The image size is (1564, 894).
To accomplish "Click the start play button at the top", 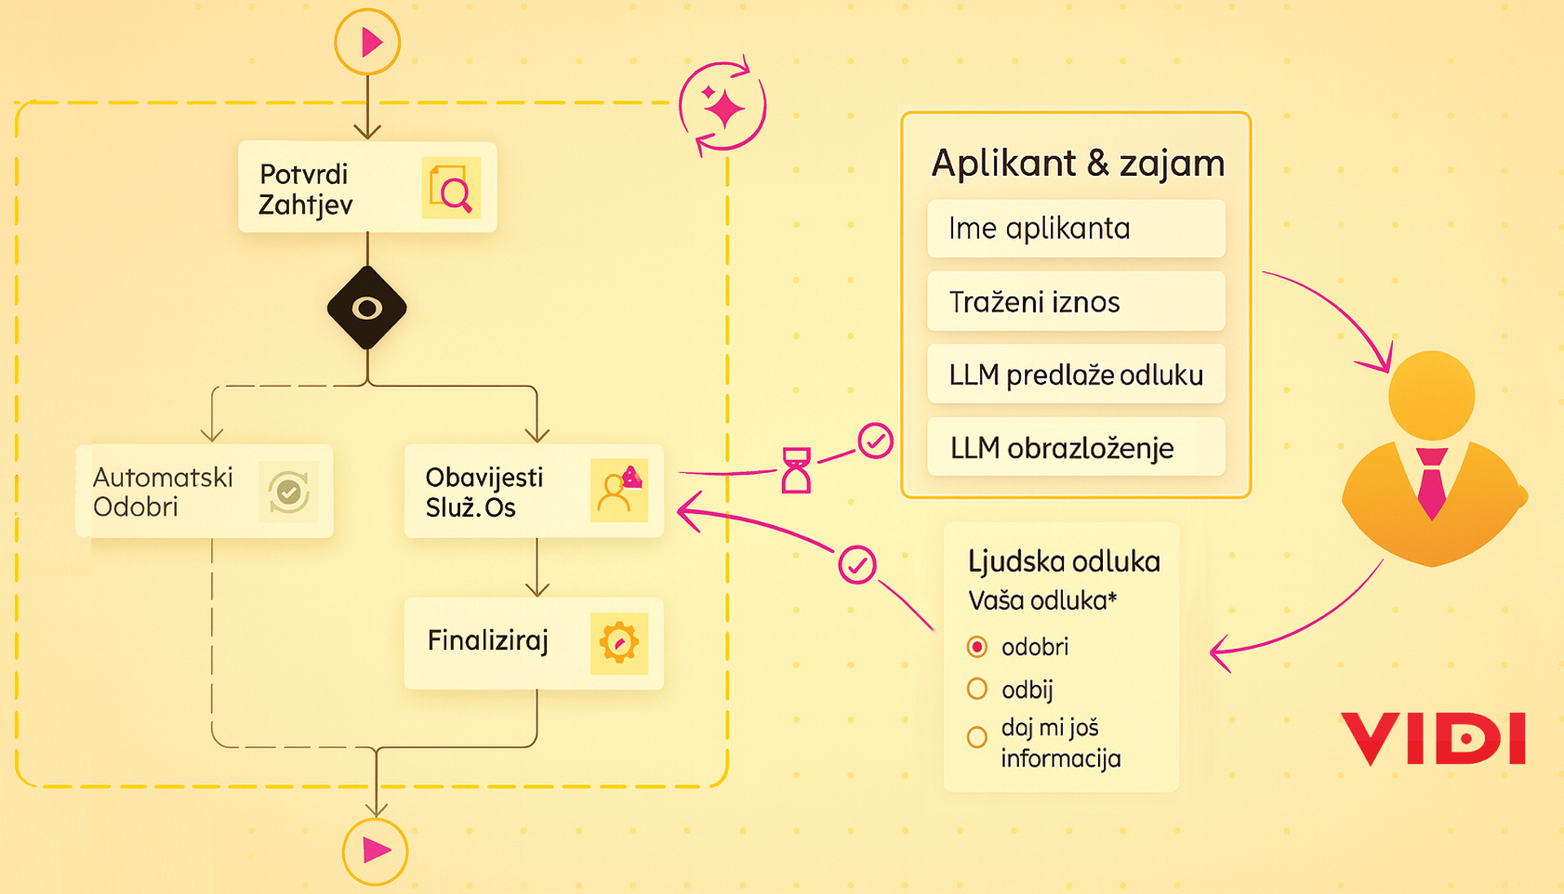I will tap(367, 42).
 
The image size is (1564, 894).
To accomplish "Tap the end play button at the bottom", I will tap(375, 851).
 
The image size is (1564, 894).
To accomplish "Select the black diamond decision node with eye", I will tap(367, 309).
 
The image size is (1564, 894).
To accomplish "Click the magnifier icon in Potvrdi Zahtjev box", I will tap(451, 189).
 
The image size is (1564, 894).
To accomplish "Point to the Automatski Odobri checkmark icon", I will tap(288, 492).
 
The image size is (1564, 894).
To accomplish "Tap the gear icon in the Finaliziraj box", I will tap(619, 643).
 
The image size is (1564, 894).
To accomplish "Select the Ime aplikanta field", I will tap(1075, 229).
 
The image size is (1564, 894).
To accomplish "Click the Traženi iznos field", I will tap(1075, 302).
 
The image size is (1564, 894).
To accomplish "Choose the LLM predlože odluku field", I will tap(1075, 375).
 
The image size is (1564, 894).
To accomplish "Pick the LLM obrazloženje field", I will tap(1075, 448).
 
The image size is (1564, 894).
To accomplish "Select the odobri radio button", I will tap(977, 647).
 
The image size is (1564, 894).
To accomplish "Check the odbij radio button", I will tap(977, 690).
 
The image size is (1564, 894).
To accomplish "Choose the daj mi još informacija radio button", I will tap(977, 738).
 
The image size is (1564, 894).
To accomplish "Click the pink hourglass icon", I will tap(796, 470).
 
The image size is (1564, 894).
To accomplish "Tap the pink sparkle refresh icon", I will tap(723, 107).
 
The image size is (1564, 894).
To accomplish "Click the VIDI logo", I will tap(1434, 738).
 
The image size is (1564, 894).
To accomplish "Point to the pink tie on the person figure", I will tap(1431, 482).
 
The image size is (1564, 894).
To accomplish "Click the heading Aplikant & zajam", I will tap(1077, 164).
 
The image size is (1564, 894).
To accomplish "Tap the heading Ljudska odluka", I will tap(1064, 562).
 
